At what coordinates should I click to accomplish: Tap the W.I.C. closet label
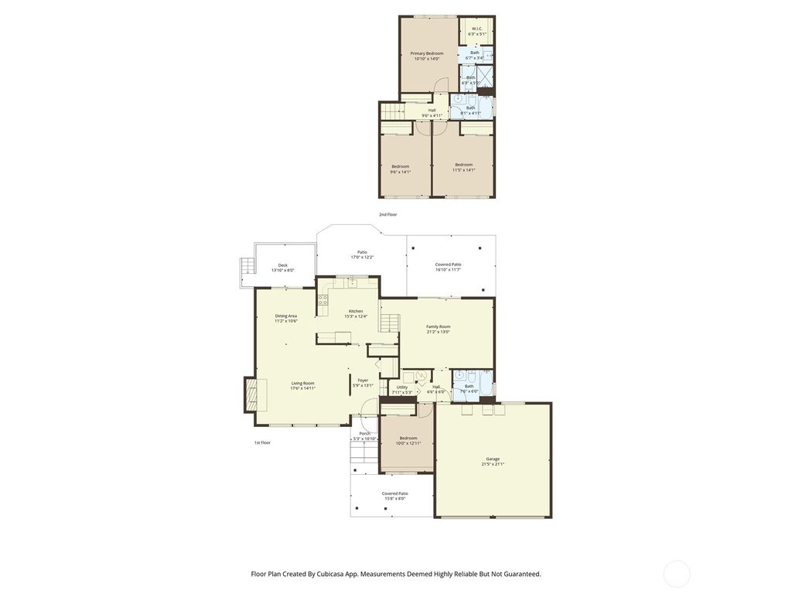coord(477,32)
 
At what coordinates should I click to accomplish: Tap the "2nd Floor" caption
coord(387,214)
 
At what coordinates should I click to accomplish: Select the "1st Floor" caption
coord(262,442)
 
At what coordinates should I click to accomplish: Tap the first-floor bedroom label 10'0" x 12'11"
coord(408,440)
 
